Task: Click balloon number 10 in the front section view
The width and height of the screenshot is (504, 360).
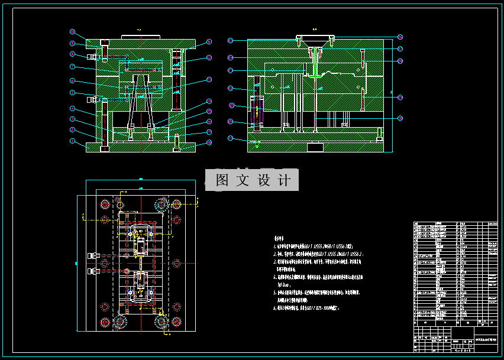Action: pos(72,31)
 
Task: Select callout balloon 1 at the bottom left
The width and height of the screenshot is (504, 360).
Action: pos(72,141)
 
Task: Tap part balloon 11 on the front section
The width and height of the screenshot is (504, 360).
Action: pos(209,43)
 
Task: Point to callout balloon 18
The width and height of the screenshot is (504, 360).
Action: pos(209,142)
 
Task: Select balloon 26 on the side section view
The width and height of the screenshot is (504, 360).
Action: pos(400,37)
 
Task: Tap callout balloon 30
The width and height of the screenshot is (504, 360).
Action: pos(400,118)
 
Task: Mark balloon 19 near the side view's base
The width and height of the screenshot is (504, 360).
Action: pos(231,138)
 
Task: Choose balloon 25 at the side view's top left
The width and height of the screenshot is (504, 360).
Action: pos(231,41)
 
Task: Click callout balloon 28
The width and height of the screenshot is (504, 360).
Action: pos(400,60)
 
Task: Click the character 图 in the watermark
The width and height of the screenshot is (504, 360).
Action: pos(222,180)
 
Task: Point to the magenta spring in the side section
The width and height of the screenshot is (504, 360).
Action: pos(257,112)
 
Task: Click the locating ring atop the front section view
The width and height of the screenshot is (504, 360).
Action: pos(141,37)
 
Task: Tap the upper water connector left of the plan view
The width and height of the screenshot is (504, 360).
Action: pos(92,256)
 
